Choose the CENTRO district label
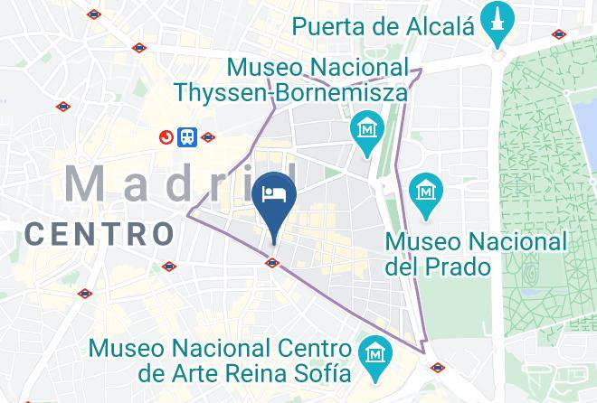pyautogui.click(x=99, y=233)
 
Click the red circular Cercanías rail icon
pyautogui.click(x=166, y=137)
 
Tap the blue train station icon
pyautogui.click(x=187, y=137)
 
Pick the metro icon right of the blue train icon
pyautogui.click(x=208, y=138)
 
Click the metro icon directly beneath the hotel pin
pyautogui.click(x=272, y=263)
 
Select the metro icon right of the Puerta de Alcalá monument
pyautogui.click(x=559, y=35)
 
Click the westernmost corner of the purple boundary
pyautogui.click(x=188, y=214)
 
